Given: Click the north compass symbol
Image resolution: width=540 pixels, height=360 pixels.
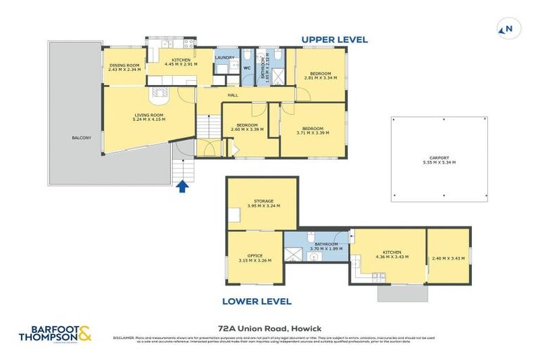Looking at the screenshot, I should pyautogui.click(x=506, y=29).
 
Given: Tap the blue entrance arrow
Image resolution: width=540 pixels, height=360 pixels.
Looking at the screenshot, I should pyautogui.click(x=182, y=186).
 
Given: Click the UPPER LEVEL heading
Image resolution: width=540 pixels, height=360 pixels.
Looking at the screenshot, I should pyautogui.click(x=335, y=40).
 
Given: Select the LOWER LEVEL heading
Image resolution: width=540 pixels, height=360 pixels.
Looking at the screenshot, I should pyautogui.click(x=257, y=301).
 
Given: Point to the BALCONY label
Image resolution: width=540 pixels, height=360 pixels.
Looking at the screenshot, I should pyautogui.click(x=81, y=138).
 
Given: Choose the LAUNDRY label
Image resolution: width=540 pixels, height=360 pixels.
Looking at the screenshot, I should pyautogui.click(x=224, y=57).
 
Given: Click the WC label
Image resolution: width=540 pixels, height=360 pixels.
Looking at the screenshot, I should pyautogui.click(x=246, y=68).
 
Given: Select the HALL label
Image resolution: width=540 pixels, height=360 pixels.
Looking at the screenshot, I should pyautogui.click(x=232, y=95).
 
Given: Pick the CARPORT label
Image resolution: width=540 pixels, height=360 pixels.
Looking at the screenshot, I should pyautogui.click(x=439, y=160).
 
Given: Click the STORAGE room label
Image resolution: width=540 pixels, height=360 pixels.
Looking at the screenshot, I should pyautogui.click(x=264, y=203).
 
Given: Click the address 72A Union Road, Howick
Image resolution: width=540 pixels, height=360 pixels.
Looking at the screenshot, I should pyautogui.click(x=269, y=327).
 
